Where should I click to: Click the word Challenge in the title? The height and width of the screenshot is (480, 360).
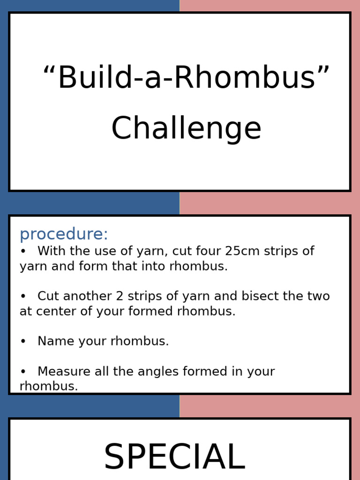click(186, 128)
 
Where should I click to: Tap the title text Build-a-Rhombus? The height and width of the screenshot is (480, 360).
click(186, 78)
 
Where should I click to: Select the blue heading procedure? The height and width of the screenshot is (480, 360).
click(64, 234)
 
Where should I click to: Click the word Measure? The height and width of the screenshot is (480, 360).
click(64, 371)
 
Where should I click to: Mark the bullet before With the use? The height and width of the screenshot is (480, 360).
click(23, 251)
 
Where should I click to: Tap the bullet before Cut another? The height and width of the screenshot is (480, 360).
click(23, 297)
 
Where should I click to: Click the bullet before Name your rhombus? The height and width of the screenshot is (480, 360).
click(23, 342)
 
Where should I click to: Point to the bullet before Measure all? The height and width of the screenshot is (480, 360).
click(23, 372)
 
